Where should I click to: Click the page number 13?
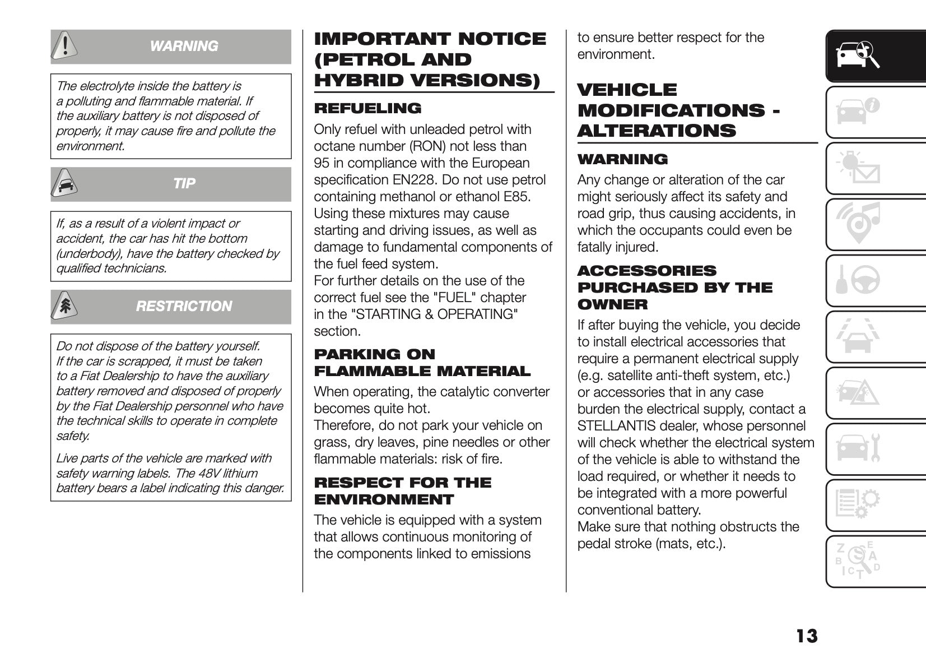pyautogui.click(x=806, y=636)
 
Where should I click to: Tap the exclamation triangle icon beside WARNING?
pyautogui.click(x=65, y=46)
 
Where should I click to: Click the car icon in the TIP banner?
pyautogui.click(x=65, y=183)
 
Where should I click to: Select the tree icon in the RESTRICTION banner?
pyautogui.click(x=65, y=306)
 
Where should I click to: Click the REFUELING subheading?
pyautogui.click(x=367, y=108)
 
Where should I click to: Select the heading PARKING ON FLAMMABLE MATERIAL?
pyautogui.click(x=422, y=363)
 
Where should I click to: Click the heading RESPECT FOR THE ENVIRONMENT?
pyautogui.click(x=402, y=491)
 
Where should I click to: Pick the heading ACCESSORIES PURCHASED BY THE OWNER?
pyautogui.click(x=674, y=288)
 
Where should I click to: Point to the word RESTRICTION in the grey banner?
pyautogui.click(x=184, y=306)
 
